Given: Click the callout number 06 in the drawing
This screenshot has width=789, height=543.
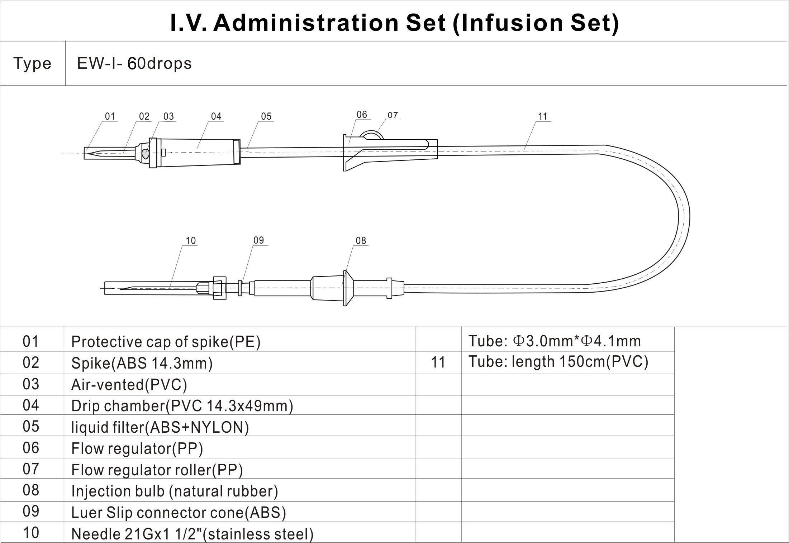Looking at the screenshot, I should pos(362,114).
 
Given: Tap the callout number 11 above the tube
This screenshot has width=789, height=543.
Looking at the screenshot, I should pos(543,116).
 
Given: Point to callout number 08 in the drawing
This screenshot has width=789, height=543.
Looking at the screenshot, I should pos(361,241).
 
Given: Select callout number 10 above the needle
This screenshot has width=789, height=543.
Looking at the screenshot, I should pos(191,241).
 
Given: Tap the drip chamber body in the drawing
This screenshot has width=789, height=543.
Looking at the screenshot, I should pos(197,152).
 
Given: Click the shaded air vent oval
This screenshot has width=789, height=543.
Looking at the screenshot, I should pos(146,154).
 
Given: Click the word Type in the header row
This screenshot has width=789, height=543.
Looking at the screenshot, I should pos(32,64).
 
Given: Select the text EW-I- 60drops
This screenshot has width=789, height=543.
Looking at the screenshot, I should pos(134,64).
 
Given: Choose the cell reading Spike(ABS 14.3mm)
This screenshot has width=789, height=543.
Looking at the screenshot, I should pos(142,363).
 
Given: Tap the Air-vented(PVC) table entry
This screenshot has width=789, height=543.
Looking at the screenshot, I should pos(129,385).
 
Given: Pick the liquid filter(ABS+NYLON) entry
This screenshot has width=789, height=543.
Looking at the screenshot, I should pos(160,427).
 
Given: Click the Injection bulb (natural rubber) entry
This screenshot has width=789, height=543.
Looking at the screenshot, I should pos(175,491).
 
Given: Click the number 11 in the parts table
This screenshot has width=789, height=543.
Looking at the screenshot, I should pos(438,362).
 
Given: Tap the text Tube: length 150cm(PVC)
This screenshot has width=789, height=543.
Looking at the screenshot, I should pos(558,362).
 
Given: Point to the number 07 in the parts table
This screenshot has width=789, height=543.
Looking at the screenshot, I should pos(31,469).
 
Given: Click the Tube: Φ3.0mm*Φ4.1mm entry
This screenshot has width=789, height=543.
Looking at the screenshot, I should pos(554,341).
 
